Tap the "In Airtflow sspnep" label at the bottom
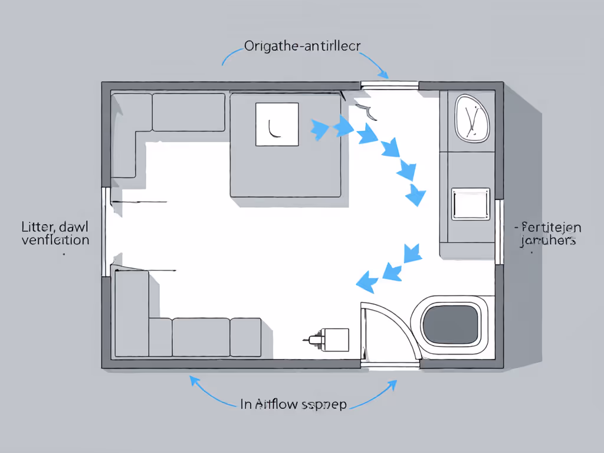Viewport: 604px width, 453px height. click(293, 404)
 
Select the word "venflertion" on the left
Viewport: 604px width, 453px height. click(55, 240)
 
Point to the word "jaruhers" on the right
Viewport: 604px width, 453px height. click(548, 241)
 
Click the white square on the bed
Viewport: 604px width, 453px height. click(277, 124)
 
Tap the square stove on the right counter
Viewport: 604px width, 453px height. click(470, 204)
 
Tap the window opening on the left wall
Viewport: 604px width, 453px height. click(106, 231)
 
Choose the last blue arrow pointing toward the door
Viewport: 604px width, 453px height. click(367, 281)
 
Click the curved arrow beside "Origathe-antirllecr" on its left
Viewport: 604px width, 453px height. click(231, 56)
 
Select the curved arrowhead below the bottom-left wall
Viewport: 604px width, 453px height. click(193, 380)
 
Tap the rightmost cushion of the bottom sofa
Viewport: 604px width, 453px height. click(245, 337)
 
